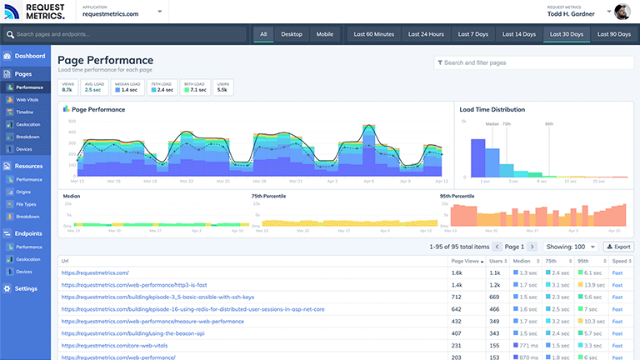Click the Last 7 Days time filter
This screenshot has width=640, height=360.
tap(474, 34)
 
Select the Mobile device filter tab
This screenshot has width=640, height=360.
tap(325, 34)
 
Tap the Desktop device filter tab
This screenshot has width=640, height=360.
tap(292, 34)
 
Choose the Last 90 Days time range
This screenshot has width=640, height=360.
tap(615, 34)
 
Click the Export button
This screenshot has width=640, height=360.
tap(618, 247)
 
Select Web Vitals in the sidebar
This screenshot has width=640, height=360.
tap(27, 100)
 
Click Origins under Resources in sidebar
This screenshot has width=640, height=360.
tap(25, 192)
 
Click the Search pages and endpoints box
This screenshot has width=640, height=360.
tap(125, 34)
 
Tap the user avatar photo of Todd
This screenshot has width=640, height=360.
tap(622, 12)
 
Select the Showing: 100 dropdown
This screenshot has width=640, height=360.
tap(570, 247)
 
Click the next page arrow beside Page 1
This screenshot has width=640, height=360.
tap(532, 247)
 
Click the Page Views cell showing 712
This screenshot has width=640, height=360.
tap(457, 297)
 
